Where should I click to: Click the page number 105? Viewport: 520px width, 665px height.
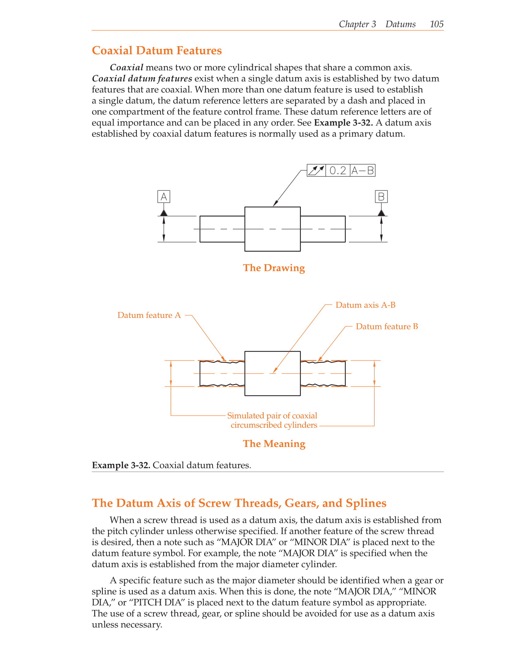click(x=436, y=24)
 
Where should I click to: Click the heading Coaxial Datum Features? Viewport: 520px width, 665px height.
click(x=157, y=50)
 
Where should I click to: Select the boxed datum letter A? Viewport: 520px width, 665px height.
click(x=164, y=197)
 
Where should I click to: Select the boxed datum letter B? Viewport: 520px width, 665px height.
click(x=381, y=197)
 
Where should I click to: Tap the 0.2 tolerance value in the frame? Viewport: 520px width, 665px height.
click(x=338, y=171)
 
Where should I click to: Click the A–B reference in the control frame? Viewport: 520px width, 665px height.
click(x=363, y=171)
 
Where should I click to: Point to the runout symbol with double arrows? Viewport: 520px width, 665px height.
click(x=316, y=171)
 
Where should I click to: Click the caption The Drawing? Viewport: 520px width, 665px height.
click(x=274, y=268)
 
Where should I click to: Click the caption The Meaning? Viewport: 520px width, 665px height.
click(x=274, y=444)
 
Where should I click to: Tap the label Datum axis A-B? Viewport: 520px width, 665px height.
click(x=365, y=305)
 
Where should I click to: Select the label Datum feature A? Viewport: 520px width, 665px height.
click(x=149, y=315)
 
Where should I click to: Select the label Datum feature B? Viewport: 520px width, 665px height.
click(x=387, y=327)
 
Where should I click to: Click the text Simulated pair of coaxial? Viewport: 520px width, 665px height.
click(x=272, y=416)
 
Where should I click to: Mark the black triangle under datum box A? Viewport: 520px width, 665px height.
click(x=164, y=213)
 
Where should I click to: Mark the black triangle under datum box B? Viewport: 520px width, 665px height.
click(x=381, y=213)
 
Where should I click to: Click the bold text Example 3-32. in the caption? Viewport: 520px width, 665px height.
click(x=121, y=465)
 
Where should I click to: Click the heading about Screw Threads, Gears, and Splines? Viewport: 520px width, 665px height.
click(x=239, y=503)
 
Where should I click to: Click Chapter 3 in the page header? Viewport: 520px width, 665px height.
click(x=357, y=24)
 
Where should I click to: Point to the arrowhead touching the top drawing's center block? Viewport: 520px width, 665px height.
click(x=275, y=204)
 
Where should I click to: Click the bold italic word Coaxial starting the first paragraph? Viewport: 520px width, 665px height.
click(x=126, y=68)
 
